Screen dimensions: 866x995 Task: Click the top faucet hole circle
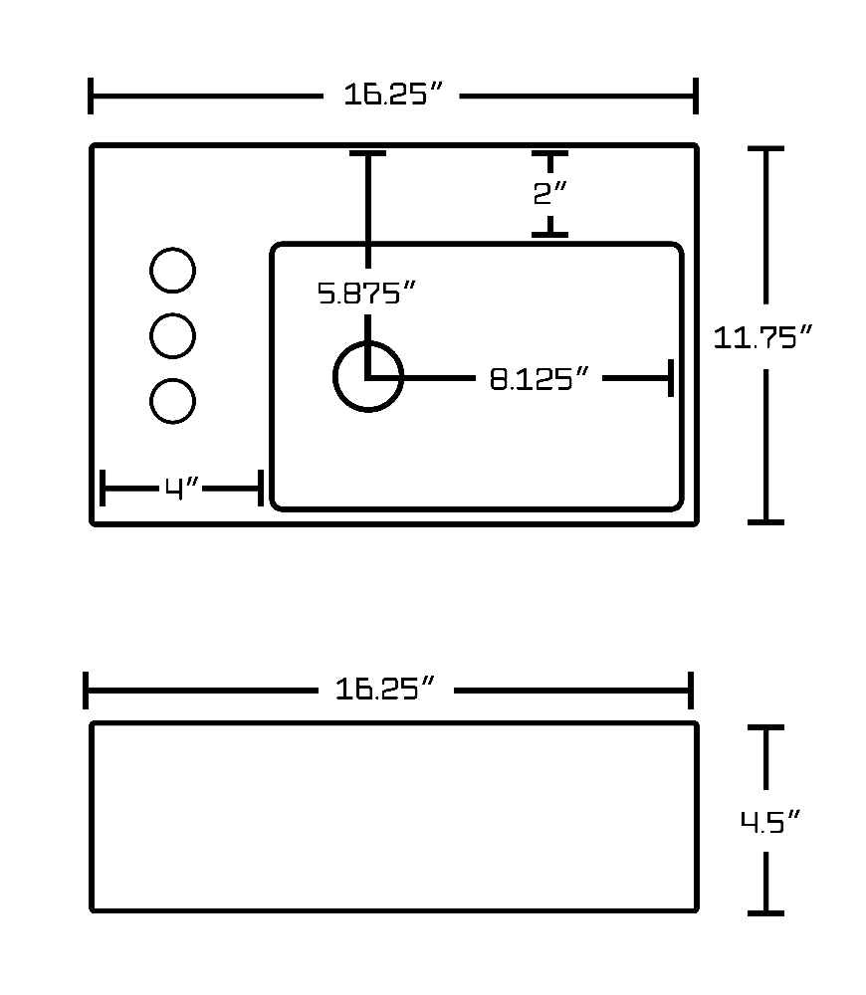pos(172,248)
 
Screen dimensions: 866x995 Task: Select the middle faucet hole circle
pos(172,313)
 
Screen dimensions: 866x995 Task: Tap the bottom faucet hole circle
pos(172,379)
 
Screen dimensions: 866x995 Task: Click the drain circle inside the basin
pos(368,342)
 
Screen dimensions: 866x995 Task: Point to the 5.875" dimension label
pos(365,294)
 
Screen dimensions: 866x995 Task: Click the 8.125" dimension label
pos(540,379)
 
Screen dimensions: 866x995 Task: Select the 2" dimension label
pos(549,193)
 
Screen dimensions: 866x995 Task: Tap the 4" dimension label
pos(181,489)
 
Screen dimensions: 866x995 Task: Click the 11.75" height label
pos(762,337)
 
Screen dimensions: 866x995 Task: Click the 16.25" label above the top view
pos(392,95)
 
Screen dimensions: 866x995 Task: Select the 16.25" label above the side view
pos(385,690)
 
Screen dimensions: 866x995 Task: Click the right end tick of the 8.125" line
pos(671,377)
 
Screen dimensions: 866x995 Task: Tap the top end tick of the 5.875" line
pos(367,153)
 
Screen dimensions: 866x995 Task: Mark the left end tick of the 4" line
pos(103,488)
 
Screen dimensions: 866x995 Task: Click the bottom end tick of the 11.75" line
pos(765,522)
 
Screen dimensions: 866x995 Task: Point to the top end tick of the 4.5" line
pos(765,728)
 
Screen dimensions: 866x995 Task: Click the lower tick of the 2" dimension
pos(549,235)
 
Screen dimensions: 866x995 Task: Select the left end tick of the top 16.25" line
pos(91,96)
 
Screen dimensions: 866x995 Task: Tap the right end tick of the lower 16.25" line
pos(691,690)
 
